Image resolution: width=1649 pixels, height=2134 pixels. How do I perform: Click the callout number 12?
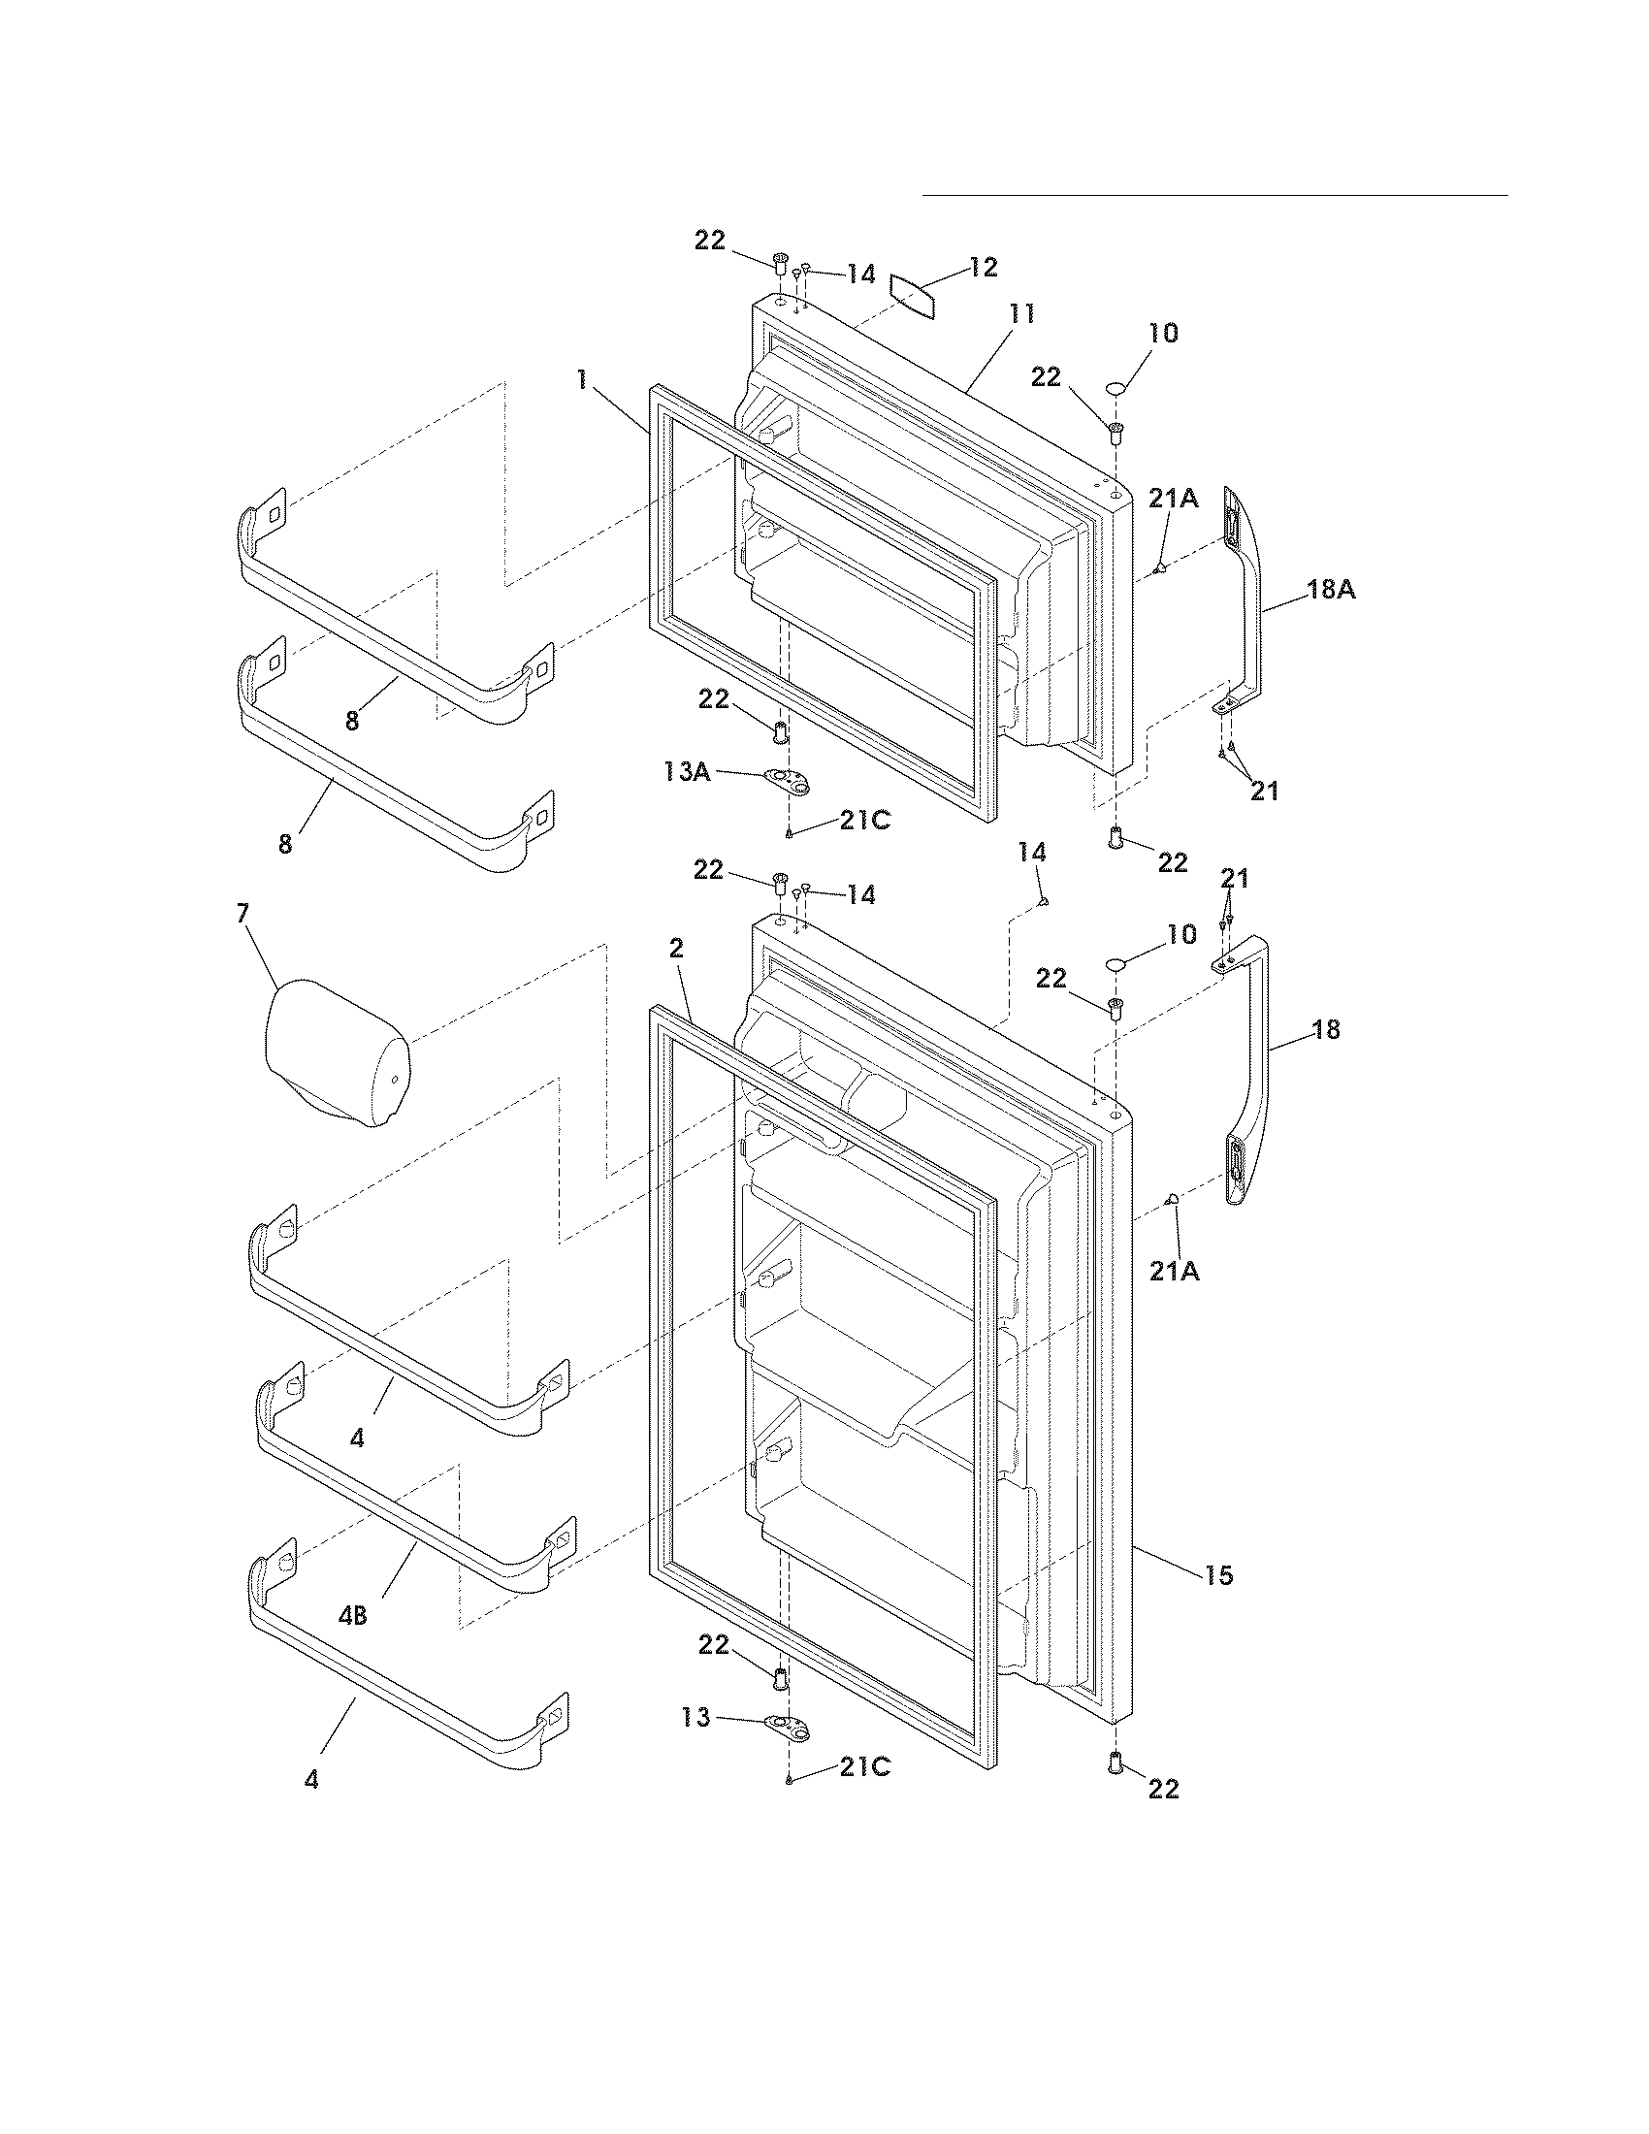(983, 268)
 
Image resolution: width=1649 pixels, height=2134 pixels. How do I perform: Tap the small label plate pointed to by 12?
(913, 296)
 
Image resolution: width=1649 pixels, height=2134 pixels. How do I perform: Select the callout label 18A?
(1332, 590)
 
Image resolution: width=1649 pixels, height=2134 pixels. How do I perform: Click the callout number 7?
(242, 913)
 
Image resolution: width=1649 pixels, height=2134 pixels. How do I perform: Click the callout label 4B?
(353, 1616)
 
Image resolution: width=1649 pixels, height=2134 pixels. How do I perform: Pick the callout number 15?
(1218, 1575)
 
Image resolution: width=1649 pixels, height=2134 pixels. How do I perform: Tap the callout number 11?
(1021, 314)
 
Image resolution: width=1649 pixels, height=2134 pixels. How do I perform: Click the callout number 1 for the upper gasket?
(582, 380)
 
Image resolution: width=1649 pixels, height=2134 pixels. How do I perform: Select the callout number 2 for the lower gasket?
(676, 948)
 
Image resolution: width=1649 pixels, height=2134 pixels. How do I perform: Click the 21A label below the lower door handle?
(1176, 1272)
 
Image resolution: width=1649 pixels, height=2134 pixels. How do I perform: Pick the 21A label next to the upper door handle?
(1173, 499)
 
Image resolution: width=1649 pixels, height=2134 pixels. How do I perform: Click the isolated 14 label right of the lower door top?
(1033, 853)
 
